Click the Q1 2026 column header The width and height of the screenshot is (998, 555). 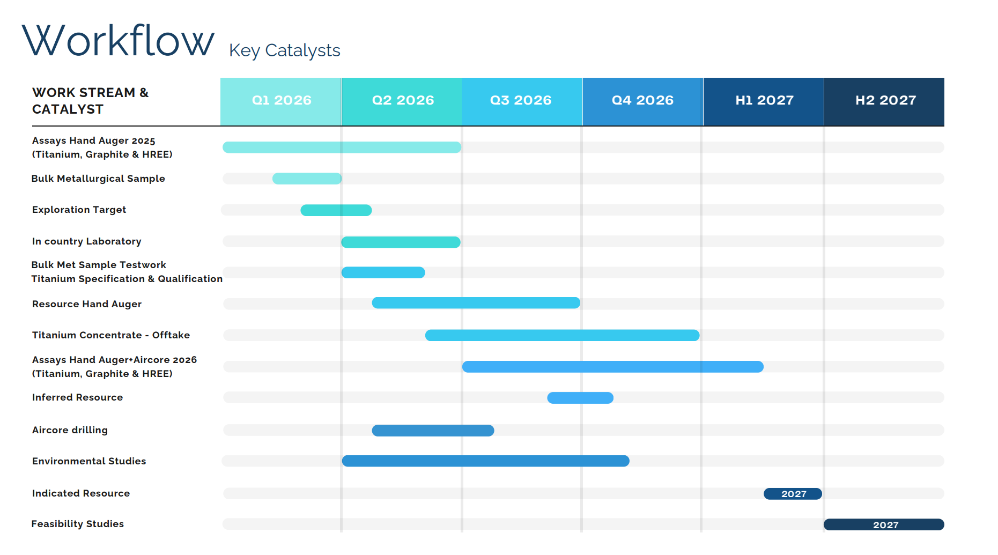[x=281, y=101]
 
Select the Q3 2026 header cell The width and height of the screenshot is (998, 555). [x=521, y=101]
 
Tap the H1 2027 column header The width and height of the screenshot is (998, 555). [x=764, y=101]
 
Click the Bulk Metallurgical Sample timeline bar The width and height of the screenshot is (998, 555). [x=307, y=179]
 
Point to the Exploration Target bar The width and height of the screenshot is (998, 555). [x=336, y=210]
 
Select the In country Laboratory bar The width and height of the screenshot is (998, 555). [x=401, y=242]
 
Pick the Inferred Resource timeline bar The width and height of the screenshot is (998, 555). [x=580, y=398]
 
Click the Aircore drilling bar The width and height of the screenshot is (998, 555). [x=433, y=431]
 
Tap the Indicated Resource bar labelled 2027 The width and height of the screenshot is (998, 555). [x=793, y=494]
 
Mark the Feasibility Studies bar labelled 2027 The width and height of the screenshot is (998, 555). [x=884, y=525]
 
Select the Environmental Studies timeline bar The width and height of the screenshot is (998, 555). [x=485, y=461]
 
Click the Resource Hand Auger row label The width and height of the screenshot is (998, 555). [x=87, y=304]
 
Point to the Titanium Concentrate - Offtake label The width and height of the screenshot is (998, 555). [x=111, y=335]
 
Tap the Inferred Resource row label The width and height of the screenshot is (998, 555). [x=77, y=397]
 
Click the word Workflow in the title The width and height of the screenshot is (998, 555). [x=118, y=41]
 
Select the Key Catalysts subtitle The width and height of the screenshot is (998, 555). [x=284, y=50]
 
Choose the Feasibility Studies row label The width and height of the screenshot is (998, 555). [x=78, y=524]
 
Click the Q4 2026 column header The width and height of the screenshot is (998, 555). [x=642, y=101]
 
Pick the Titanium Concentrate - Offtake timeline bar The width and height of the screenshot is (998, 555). [x=562, y=336]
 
